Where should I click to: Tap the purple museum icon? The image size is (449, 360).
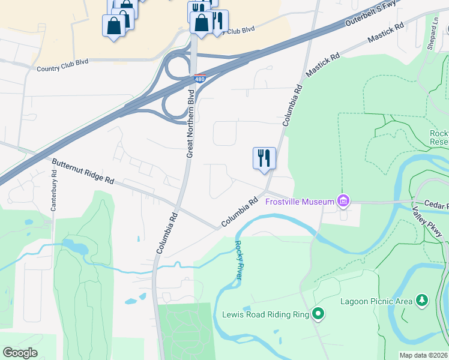pos(343,200)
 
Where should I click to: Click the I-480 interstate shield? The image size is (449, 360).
pos(200,78)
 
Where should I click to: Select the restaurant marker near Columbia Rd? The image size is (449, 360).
pos(264,158)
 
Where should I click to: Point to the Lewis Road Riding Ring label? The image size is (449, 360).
pos(265,314)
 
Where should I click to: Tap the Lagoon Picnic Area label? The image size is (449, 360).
pos(376,301)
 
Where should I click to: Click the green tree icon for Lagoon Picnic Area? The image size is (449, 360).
pos(423,299)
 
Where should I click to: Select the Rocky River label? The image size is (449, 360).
pos(238,260)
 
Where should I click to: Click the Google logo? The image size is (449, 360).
pos(20,353)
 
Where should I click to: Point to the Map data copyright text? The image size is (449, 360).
pos(423,355)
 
